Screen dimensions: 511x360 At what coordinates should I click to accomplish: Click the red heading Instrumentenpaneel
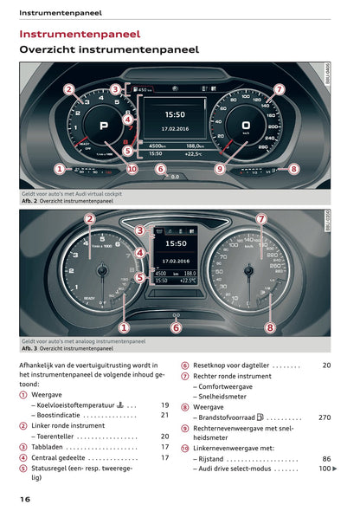(80, 34)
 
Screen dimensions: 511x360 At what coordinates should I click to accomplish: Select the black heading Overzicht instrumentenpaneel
(109, 50)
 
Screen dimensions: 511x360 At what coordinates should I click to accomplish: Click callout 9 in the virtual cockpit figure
(220, 169)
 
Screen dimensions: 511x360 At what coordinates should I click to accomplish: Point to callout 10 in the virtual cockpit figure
(132, 169)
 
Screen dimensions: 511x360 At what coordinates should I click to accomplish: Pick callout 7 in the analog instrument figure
(260, 219)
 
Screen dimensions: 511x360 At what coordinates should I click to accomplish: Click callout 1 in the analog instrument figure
(124, 327)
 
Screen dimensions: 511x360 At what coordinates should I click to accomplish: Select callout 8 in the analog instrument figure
(270, 327)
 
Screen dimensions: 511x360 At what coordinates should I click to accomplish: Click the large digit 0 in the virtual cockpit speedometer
(246, 125)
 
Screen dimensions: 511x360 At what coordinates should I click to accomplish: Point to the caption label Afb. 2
(31, 201)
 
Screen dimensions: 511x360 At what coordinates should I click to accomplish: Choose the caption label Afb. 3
(31, 348)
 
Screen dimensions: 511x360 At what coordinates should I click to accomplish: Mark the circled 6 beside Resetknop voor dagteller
(185, 365)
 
